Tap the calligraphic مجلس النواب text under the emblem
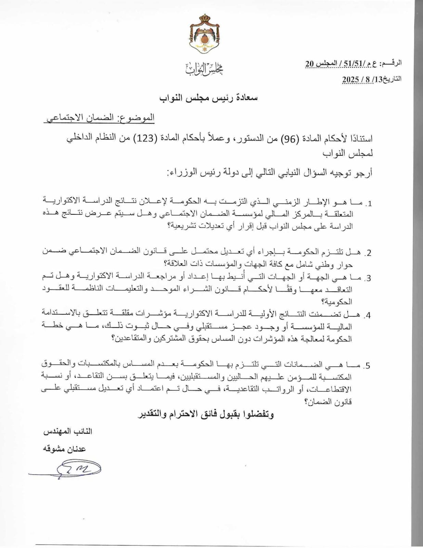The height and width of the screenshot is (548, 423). (205, 69)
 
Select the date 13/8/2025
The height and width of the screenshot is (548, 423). (372, 79)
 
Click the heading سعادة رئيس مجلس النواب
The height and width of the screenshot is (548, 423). (208, 98)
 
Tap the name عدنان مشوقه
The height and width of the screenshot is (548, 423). (64, 449)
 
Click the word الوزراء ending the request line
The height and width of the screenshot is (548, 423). (181, 173)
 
